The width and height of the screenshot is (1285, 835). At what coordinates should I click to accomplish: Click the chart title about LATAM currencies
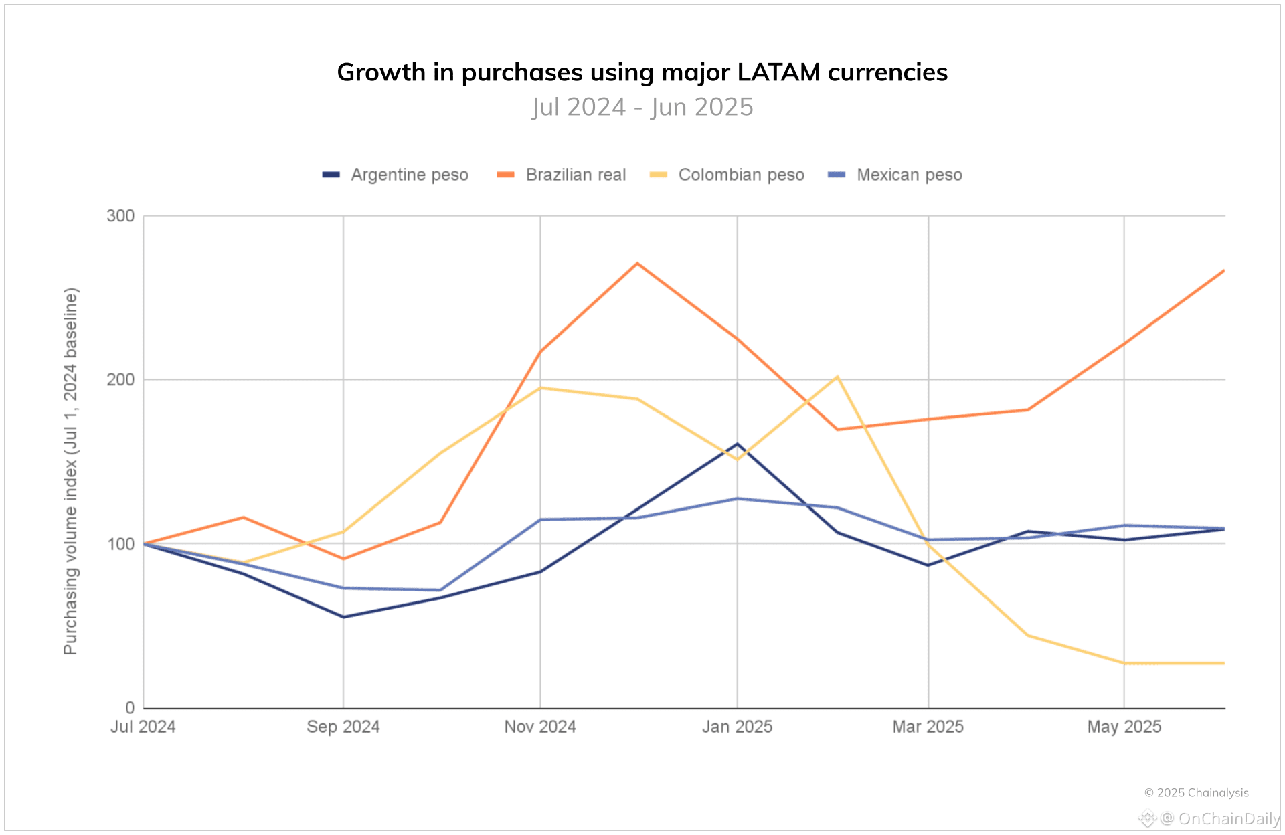[642, 72]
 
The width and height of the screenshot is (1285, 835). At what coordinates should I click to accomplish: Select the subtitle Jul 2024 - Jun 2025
[642, 107]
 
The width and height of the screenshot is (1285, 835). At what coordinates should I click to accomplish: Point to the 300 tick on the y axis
[120, 216]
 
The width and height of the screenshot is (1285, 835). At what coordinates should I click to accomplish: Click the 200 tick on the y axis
[120, 379]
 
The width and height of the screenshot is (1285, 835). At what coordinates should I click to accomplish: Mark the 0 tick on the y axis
[130, 708]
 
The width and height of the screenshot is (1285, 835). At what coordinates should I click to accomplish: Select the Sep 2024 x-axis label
[343, 727]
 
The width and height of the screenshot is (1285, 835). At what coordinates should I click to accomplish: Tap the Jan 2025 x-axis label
[737, 727]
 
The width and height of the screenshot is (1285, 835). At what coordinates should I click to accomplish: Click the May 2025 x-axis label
[1124, 727]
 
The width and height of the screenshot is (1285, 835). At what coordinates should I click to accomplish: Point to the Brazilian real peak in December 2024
[637, 263]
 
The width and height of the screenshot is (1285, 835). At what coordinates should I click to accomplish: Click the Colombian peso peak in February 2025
[837, 377]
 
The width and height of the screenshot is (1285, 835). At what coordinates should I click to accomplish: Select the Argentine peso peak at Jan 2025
[737, 444]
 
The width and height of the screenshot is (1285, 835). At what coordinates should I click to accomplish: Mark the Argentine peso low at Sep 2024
[343, 617]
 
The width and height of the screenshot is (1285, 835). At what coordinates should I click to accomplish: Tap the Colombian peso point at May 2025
[1124, 663]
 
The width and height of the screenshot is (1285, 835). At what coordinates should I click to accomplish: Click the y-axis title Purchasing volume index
[71, 471]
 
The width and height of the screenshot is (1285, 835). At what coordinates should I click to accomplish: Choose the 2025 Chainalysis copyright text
[1196, 793]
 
